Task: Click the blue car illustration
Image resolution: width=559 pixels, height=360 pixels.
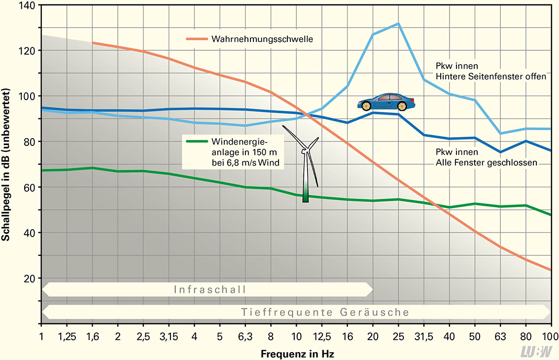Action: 386,102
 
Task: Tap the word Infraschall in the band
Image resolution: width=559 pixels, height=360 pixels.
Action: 210,289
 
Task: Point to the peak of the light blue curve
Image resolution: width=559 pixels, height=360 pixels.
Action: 398,23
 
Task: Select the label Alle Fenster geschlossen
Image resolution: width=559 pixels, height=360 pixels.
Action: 486,162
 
